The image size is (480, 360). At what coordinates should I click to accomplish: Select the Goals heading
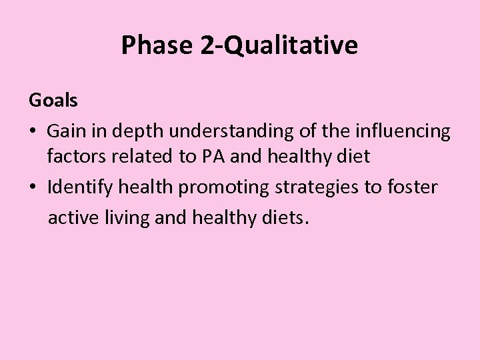coord(53,101)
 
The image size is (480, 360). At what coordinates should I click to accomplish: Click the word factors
coord(73,158)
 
